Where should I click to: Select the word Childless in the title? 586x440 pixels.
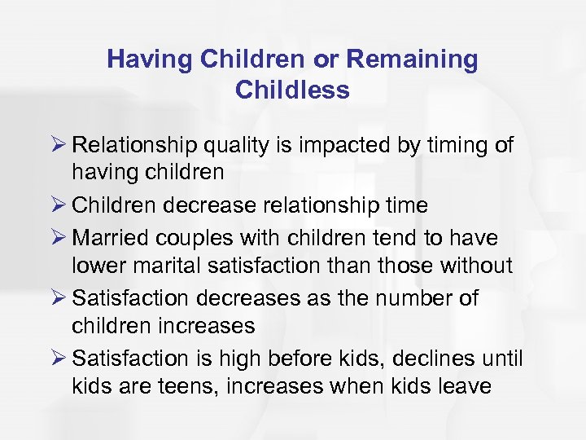point(292,90)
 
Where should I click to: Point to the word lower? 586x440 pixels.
point(97,266)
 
